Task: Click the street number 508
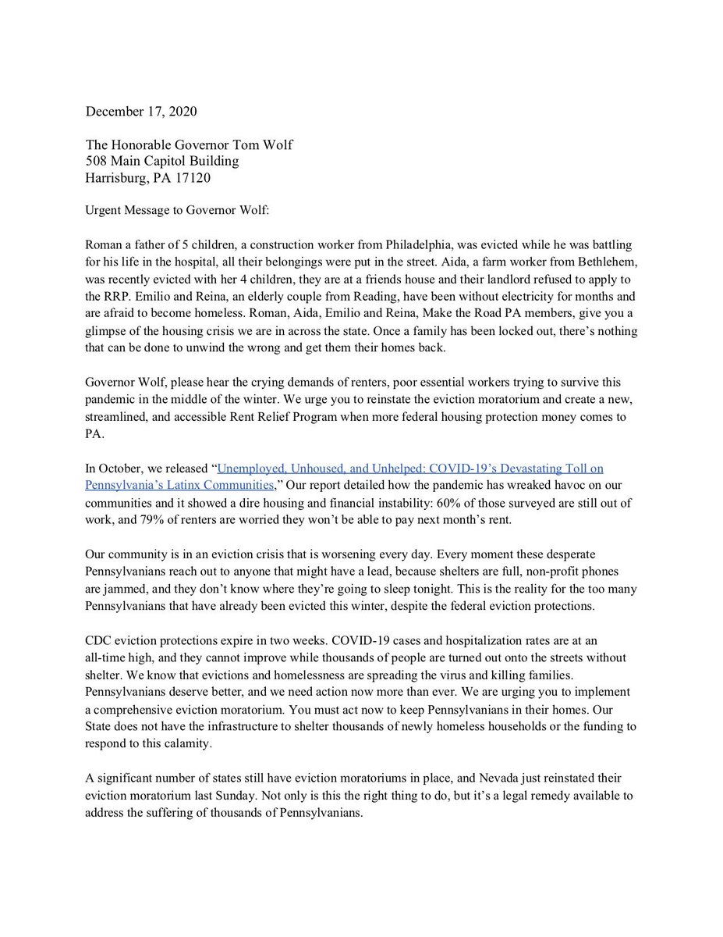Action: coord(97,161)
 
